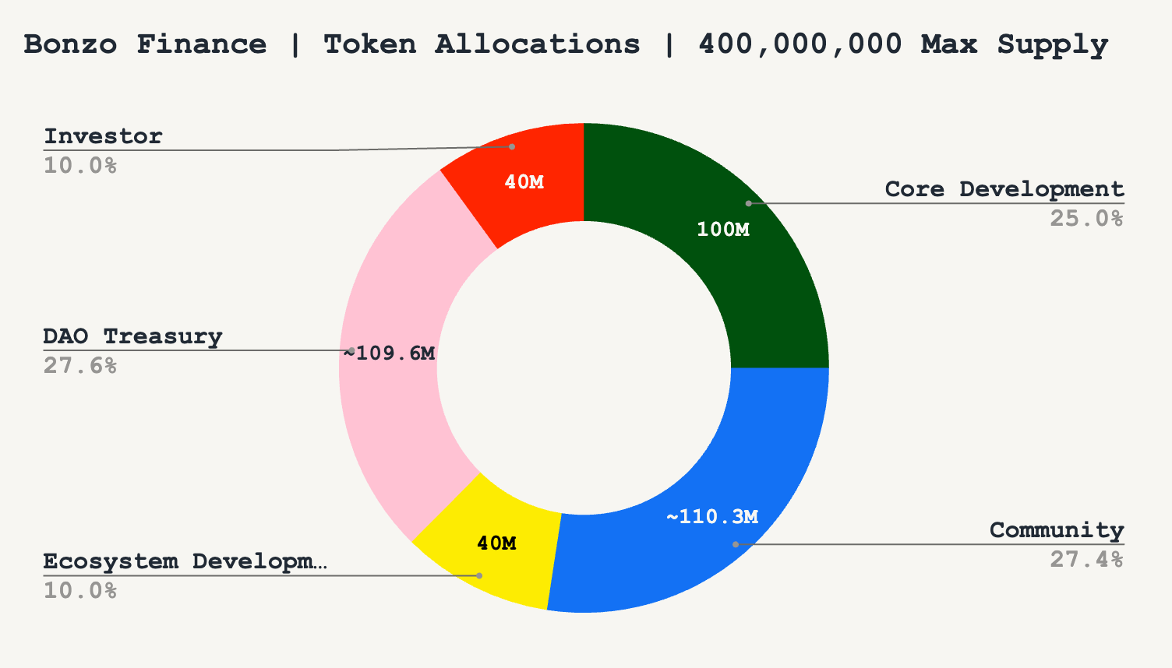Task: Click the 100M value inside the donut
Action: point(722,230)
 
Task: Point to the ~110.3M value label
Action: point(712,516)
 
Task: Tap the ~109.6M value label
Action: point(390,353)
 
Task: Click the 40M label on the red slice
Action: point(524,182)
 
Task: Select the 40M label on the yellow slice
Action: point(496,543)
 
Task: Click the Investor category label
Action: point(103,136)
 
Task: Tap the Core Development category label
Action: point(1004,189)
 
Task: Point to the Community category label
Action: point(1057,530)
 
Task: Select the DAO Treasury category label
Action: point(132,336)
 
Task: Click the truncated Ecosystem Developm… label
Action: point(185,561)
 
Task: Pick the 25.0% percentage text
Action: point(1086,218)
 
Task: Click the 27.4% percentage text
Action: point(1086,559)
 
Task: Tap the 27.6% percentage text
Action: point(80,365)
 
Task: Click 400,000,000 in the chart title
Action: point(800,44)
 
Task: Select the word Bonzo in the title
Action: point(70,44)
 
